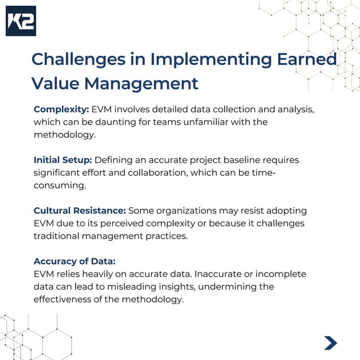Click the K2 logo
click(x=21, y=21)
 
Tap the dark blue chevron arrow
click(x=331, y=343)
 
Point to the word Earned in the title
click(x=306, y=59)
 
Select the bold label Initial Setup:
click(x=63, y=160)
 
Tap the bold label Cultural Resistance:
click(x=80, y=211)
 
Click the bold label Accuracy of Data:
click(x=74, y=261)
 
